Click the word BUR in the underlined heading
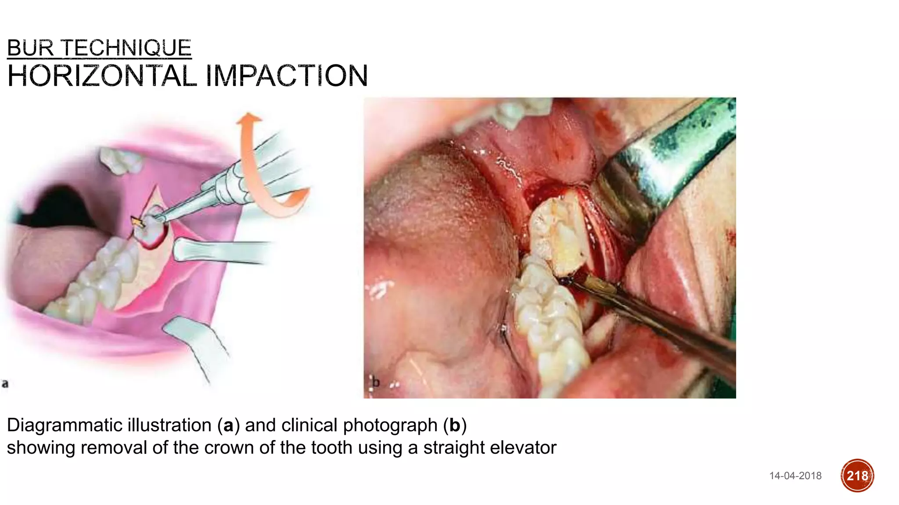(x=30, y=48)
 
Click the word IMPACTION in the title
(x=287, y=76)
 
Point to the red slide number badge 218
(x=857, y=476)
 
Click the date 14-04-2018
(x=795, y=476)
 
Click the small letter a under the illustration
(x=5, y=384)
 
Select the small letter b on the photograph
(x=375, y=382)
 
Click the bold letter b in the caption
(x=454, y=425)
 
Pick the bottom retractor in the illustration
(x=198, y=342)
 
